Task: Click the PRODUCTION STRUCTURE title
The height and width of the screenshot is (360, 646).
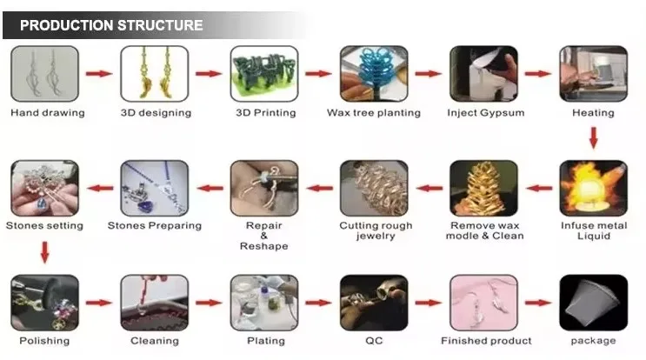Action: point(111,25)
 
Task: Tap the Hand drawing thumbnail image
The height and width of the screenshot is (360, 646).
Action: point(44,74)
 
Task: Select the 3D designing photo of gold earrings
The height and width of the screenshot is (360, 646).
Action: point(154,74)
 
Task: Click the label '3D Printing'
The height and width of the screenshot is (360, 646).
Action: point(265,113)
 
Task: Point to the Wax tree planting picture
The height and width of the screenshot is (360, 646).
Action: point(373,74)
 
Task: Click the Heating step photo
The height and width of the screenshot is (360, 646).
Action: point(593,74)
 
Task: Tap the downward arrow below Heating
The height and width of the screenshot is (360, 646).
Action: point(593,137)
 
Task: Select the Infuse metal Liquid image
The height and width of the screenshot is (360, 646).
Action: point(593,188)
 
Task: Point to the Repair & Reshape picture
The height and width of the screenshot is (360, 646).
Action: point(263,188)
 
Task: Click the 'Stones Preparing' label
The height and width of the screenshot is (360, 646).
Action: point(154,226)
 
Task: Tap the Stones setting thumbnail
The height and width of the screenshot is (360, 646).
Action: point(44,188)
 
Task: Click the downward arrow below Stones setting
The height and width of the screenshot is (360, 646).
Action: point(44,252)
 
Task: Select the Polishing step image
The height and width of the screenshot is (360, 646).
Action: point(44,303)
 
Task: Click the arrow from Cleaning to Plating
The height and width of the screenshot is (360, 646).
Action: point(209,303)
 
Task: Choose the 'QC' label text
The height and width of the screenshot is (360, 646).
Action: point(374,341)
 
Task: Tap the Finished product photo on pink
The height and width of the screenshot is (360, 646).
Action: point(483,303)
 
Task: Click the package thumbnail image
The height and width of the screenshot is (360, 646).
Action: point(593,303)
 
